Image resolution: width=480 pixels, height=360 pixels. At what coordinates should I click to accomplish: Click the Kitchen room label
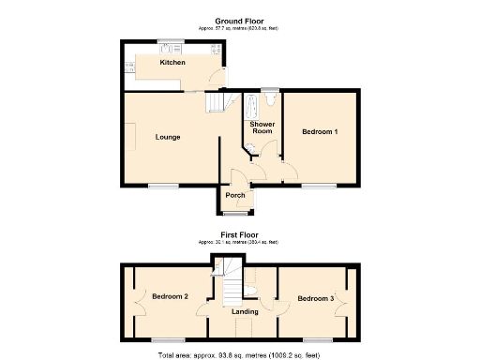(x=172, y=63)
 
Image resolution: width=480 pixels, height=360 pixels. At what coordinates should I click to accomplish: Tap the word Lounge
(x=168, y=137)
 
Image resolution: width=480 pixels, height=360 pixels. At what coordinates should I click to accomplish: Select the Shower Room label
(x=261, y=127)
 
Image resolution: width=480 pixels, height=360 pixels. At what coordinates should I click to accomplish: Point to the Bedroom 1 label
(x=320, y=132)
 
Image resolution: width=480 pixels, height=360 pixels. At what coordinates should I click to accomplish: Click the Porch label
(x=235, y=196)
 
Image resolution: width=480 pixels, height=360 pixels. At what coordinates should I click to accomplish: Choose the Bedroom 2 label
(x=171, y=297)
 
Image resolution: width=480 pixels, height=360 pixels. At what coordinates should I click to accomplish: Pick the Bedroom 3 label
(x=315, y=298)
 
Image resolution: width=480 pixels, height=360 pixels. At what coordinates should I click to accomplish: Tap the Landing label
(x=246, y=311)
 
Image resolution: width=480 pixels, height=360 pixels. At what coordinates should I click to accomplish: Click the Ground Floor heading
(x=240, y=22)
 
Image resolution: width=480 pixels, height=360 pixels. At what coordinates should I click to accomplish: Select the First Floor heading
(x=240, y=234)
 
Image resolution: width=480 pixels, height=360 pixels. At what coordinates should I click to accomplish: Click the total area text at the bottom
(x=240, y=355)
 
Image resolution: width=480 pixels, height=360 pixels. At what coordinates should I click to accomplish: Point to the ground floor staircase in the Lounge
(x=217, y=101)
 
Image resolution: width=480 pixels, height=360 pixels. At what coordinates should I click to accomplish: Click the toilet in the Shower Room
(x=270, y=96)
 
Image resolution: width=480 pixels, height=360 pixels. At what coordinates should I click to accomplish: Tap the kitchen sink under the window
(x=170, y=48)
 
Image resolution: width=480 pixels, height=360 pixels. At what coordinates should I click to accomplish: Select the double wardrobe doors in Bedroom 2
(x=139, y=298)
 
